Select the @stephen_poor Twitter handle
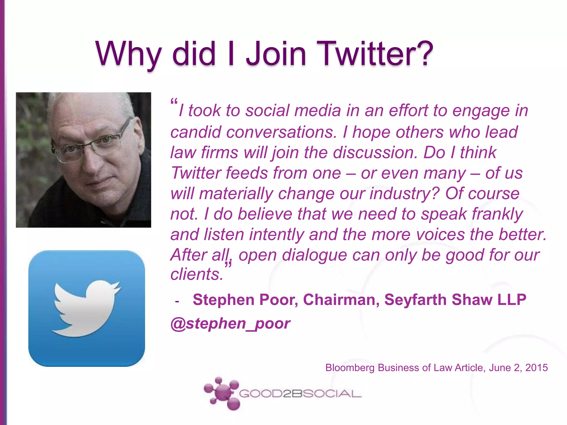click(230, 323)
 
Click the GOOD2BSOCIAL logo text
click(300, 393)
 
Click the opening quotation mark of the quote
click(174, 102)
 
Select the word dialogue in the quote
click(315, 255)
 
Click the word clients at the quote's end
click(197, 274)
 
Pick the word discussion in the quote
click(375, 152)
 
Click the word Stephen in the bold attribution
click(224, 300)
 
